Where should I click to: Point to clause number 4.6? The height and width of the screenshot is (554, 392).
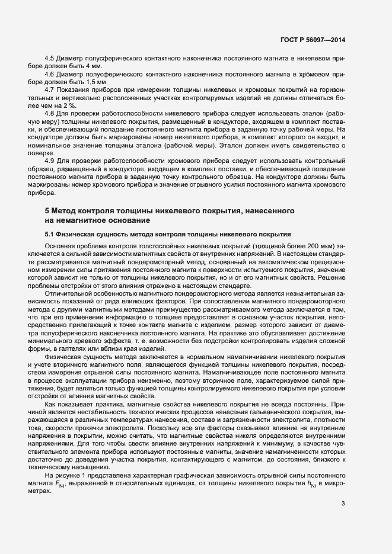[50, 74]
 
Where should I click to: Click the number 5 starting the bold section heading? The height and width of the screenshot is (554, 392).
[47, 211]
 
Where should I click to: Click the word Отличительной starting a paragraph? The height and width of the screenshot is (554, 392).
[68, 294]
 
